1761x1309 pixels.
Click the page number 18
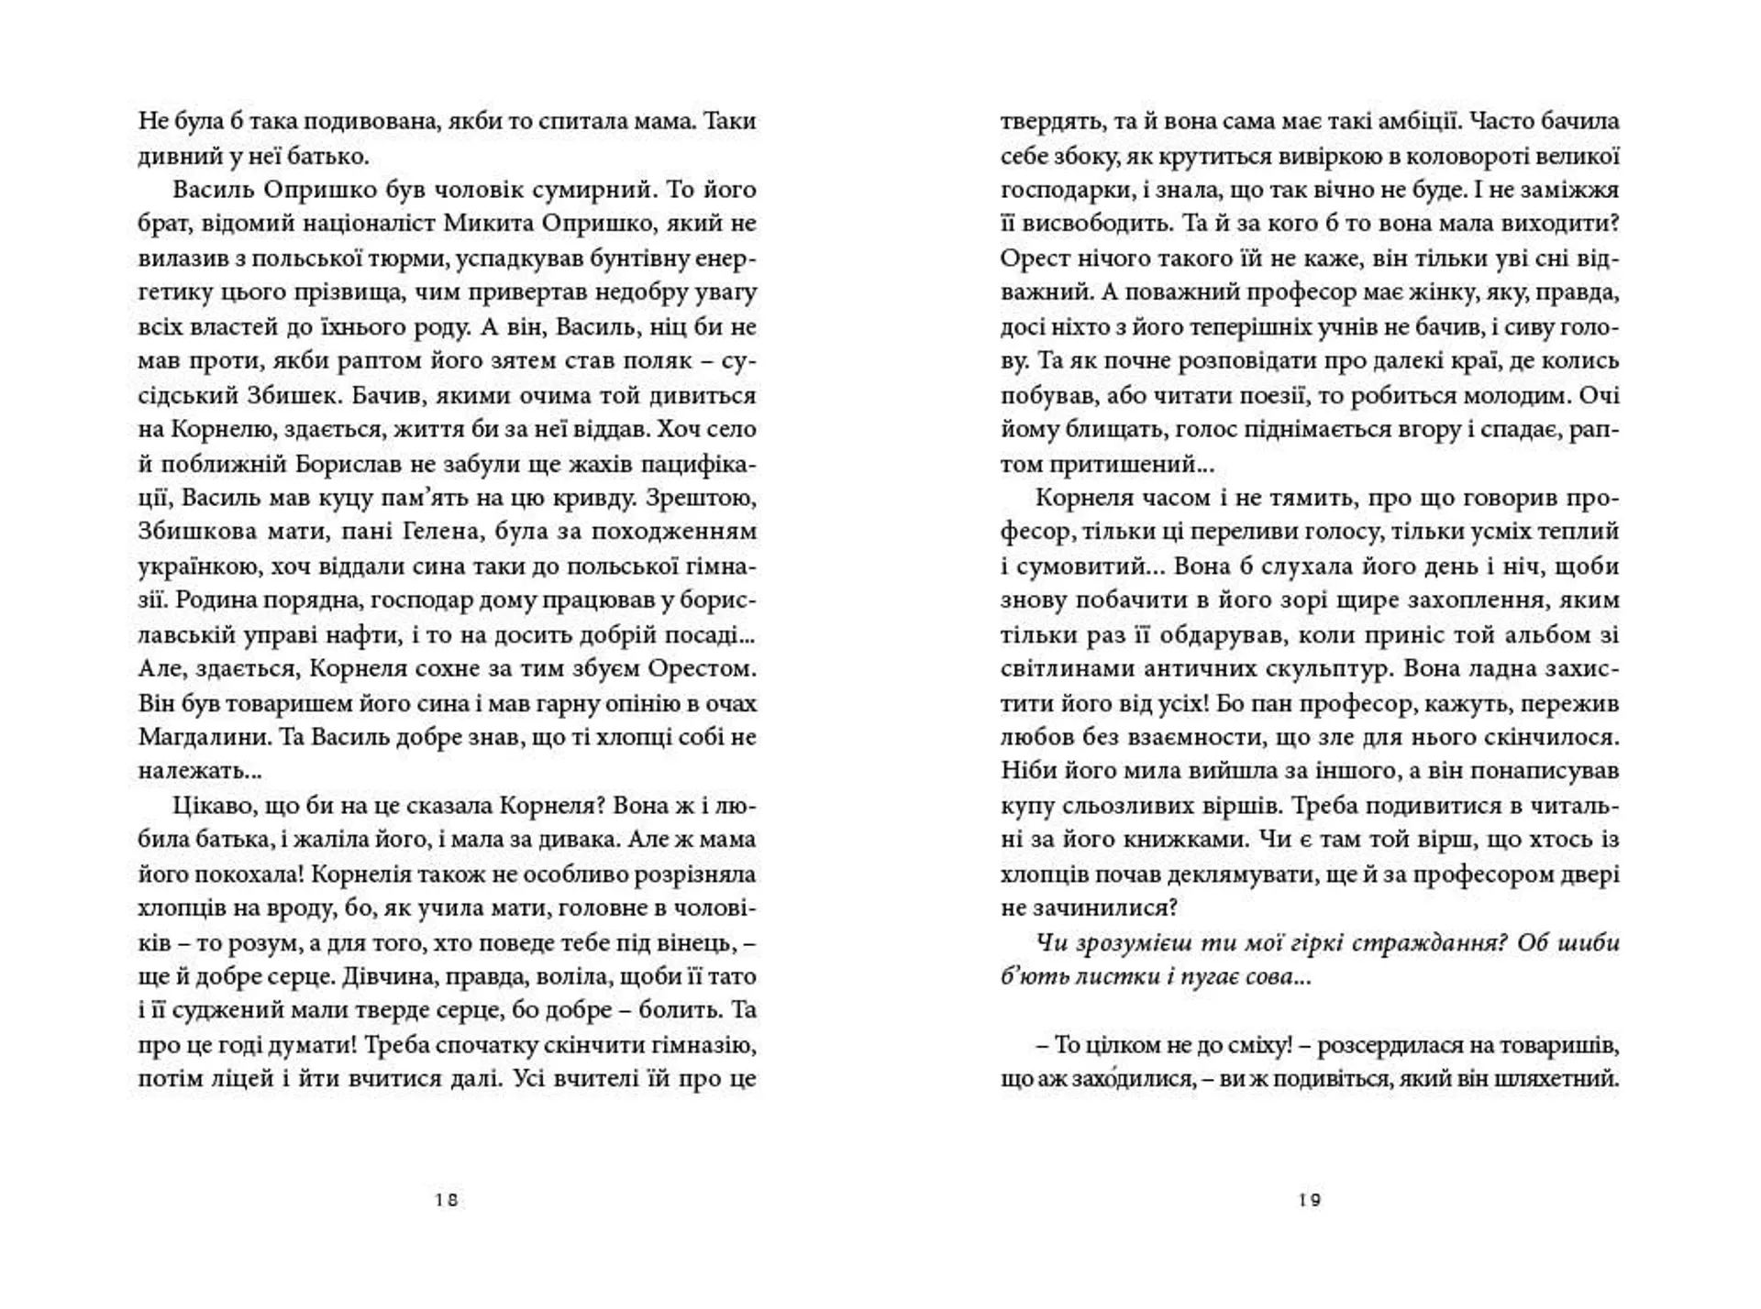[447, 1200]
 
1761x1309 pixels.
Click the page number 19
[1310, 1200]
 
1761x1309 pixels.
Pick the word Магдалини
[195, 737]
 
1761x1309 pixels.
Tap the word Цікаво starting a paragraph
[208, 806]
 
